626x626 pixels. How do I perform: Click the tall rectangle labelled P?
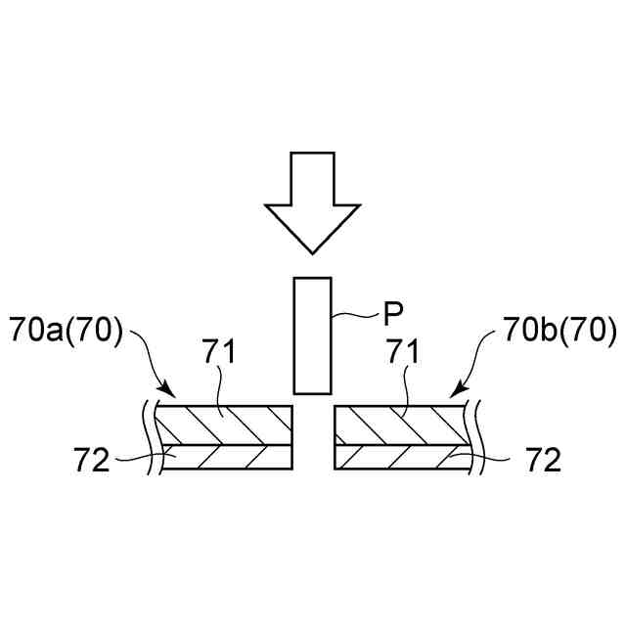[313, 335]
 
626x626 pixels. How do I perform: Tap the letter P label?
[392, 314]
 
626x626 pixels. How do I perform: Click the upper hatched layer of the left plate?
[225, 425]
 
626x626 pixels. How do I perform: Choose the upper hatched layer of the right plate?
[401, 425]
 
